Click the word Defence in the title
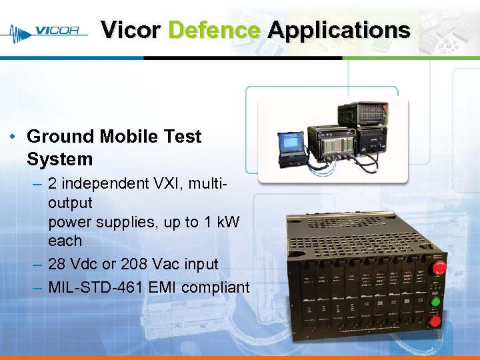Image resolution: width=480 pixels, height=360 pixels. [x=214, y=30]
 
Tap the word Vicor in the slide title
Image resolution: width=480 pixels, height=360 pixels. [x=131, y=30]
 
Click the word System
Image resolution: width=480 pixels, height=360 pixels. [x=59, y=159]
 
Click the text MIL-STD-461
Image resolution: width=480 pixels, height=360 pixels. [x=92, y=287]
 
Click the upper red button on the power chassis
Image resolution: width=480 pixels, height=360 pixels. [x=440, y=269]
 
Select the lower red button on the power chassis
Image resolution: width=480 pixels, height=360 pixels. [x=435, y=321]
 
